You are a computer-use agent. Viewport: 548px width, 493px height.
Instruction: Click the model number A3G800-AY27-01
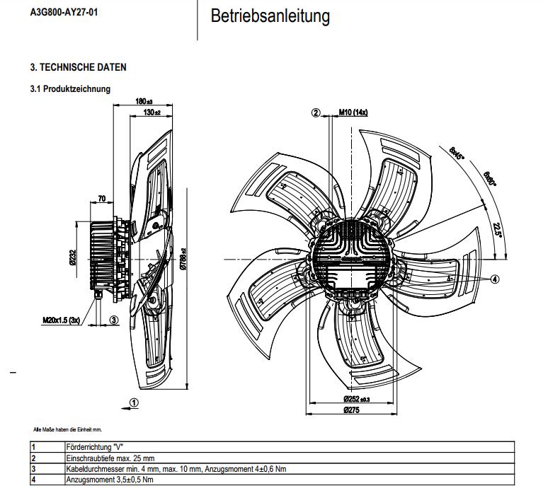click(x=64, y=12)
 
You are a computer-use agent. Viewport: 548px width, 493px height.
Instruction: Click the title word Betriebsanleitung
click(x=270, y=16)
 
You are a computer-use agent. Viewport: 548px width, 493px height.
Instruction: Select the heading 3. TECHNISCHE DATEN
click(x=78, y=68)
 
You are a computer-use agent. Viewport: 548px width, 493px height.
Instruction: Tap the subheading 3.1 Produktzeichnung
click(x=70, y=89)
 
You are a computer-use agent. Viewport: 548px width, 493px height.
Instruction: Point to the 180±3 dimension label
click(x=144, y=102)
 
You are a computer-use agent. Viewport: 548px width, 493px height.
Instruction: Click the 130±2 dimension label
click(x=152, y=112)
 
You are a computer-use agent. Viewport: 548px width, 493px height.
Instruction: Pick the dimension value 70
click(x=102, y=199)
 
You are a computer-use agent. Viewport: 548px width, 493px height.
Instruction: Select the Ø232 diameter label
click(x=72, y=259)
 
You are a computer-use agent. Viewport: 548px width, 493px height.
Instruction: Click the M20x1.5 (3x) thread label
click(x=61, y=320)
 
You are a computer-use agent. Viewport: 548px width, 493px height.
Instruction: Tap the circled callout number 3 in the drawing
click(x=113, y=320)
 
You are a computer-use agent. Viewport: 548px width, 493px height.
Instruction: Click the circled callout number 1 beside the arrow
click(x=135, y=402)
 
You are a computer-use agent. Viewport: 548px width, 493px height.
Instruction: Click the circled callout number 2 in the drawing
click(x=316, y=112)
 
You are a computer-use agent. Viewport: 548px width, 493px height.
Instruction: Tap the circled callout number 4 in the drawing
click(x=495, y=279)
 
